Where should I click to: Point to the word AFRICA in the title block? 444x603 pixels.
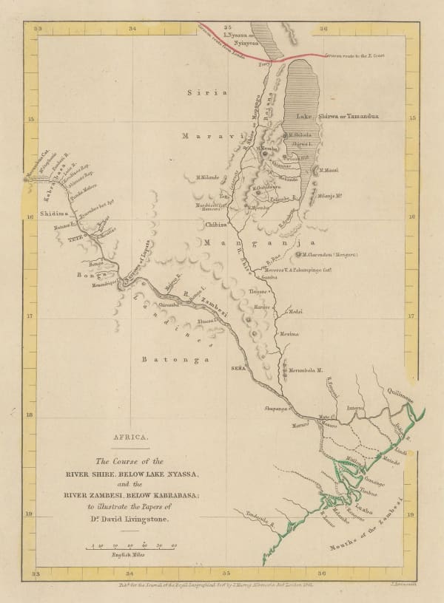click(126, 437)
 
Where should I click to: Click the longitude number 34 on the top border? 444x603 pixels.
click(132, 29)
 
